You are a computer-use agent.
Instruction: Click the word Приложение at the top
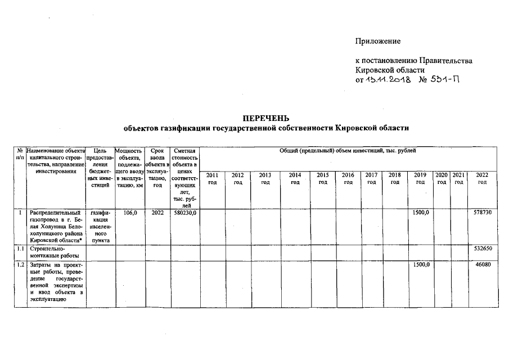(377, 41)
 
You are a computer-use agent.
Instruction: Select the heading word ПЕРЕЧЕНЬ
(265, 118)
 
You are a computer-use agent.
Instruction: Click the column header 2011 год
(213, 179)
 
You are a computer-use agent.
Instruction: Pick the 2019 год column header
(420, 179)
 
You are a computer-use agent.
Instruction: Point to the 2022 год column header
(482, 179)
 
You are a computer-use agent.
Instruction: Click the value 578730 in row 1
(482, 213)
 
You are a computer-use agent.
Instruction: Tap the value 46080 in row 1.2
(484, 264)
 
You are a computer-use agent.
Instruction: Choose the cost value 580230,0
(185, 213)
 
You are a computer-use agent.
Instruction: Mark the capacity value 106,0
(130, 213)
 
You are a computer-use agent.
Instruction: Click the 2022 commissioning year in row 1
(157, 213)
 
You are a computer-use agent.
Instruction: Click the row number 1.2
(20, 264)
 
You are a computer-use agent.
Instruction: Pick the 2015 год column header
(323, 179)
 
